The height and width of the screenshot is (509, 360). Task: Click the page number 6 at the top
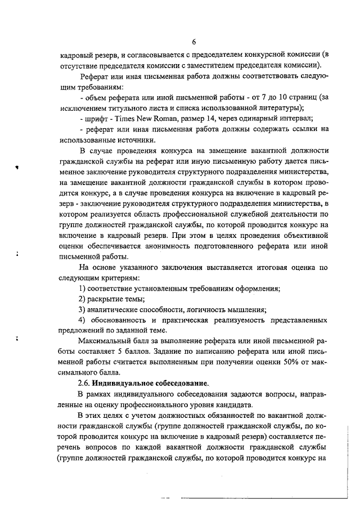193,42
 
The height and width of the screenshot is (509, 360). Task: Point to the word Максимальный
106,341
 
